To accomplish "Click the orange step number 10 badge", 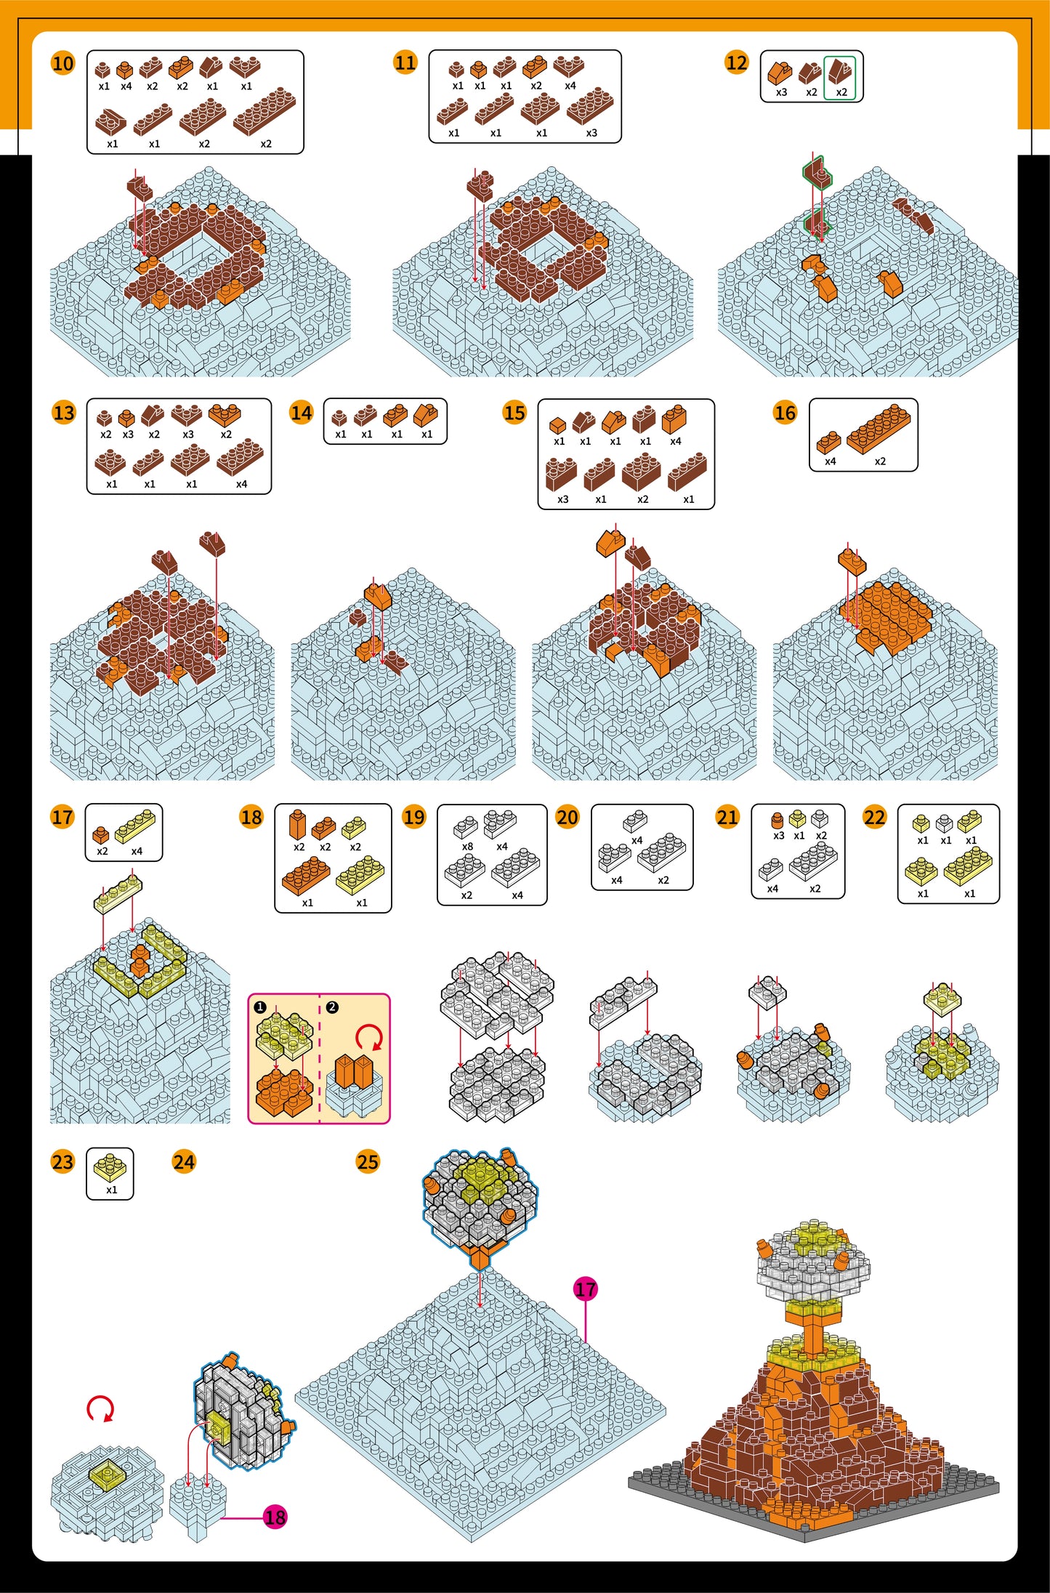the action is click(63, 63).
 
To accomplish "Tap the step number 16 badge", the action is click(785, 413).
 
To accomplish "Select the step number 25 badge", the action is click(368, 1161).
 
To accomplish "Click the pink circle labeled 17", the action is click(586, 1289).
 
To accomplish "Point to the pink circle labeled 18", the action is click(275, 1517).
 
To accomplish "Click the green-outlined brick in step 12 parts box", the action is click(841, 71).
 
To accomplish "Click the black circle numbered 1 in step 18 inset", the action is click(260, 1007).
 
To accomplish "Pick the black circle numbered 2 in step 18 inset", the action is click(332, 1007).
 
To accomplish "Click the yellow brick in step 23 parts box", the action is click(110, 1167).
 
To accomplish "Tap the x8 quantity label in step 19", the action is click(467, 847).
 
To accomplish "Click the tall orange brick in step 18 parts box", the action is click(297, 825).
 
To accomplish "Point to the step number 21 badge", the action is click(727, 818).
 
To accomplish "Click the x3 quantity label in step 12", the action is click(781, 92).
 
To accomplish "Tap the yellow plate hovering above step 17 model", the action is click(118, 894).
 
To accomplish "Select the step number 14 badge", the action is click(301, 413).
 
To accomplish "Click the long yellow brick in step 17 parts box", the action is click(135, 826).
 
